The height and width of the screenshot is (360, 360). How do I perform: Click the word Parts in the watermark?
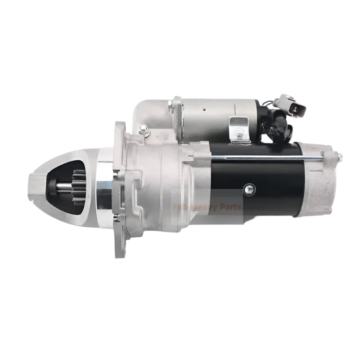(229, 207)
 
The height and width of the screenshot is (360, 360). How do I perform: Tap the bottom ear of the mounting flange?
(121, 243)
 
